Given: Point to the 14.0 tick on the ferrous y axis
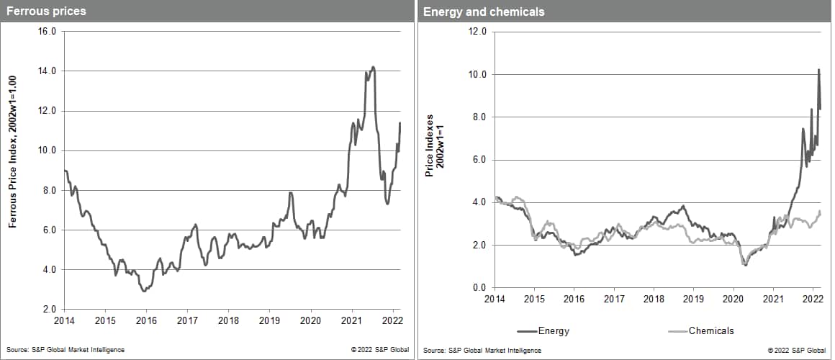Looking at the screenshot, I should click(x=48, y=71).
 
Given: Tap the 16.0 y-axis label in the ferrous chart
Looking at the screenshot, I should click(x=48, y=32).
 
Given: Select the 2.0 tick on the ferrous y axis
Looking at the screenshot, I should click(x=50, y=310).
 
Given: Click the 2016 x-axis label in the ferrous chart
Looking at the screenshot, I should click(x=146, y=320).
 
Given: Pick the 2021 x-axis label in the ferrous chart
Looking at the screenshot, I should click(x=352, y=320).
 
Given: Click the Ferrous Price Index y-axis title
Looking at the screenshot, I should click(x=12, y=171).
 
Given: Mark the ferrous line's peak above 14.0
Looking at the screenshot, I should click(x=373, y=67).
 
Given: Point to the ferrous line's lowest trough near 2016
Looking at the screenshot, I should click(x=144, y=291).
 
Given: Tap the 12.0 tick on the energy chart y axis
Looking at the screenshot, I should click(x=477, y=32).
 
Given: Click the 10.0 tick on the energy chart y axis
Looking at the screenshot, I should click(x=477, y=74).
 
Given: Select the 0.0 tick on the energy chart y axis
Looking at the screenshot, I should click(x=479, y=288).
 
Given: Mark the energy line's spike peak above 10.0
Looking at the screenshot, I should click(x=818, y=70).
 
